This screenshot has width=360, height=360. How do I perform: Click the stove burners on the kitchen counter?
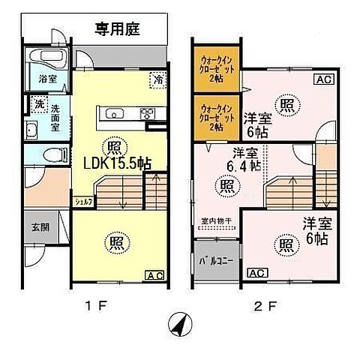coord(146,114)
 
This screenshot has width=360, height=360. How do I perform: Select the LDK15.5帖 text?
coord(117,162)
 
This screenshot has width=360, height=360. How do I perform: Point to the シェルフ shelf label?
coord(83,201)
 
